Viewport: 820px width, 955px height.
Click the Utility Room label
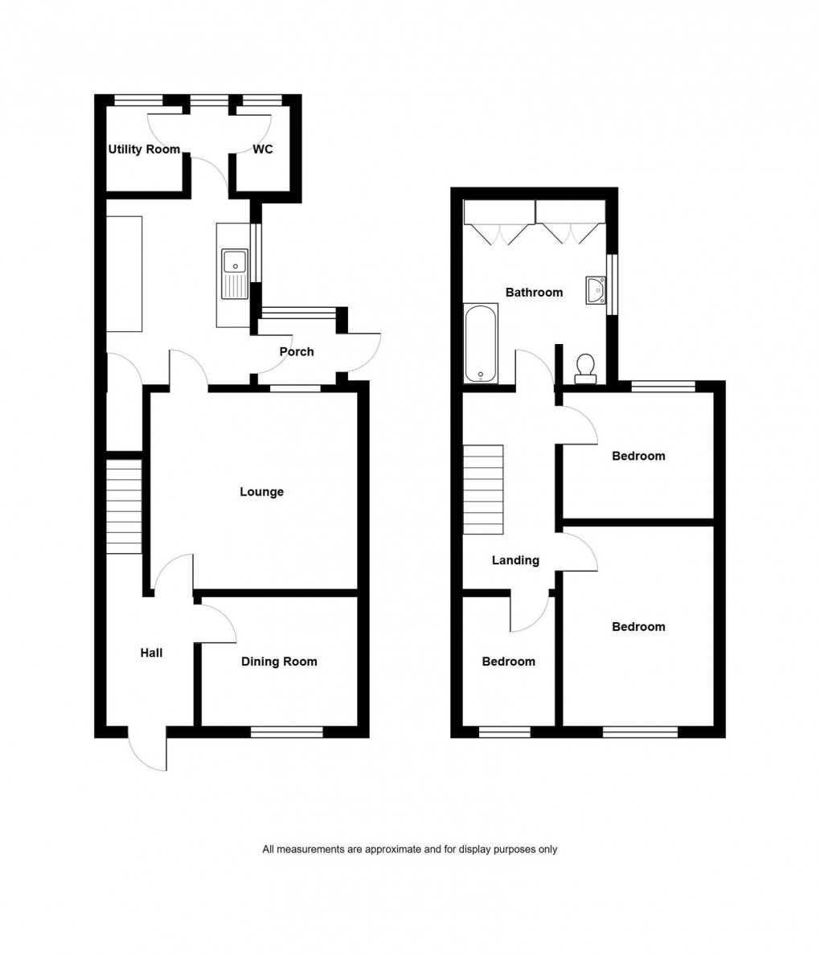[x=144, y=149]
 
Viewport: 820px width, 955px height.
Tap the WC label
[x=263, y=149]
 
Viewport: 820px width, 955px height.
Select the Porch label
[x=296, y=351]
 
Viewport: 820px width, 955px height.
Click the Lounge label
[x=261, y=491]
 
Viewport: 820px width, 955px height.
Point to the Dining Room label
[x=279, y=662]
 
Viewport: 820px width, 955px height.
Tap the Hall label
[x=151, y=653]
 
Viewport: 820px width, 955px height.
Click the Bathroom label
[x=534, y=292]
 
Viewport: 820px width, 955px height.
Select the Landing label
[x=515, y=560]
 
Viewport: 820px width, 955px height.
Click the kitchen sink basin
[x=234, y=260]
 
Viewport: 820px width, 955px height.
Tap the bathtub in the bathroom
[x=481, y=343]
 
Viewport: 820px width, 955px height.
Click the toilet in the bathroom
[x=585, y=367]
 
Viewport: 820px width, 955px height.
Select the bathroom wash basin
[x=596, y=290]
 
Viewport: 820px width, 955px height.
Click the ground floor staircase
[x=124, y=506]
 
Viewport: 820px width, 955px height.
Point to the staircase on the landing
[x=483, y=490]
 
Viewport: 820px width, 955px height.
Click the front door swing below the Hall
[x=148, y=752]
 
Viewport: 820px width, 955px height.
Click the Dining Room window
[x=286, y=732]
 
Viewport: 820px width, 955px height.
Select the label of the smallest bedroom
[x=508, y=662]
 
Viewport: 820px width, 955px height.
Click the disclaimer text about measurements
[x=409, y=849]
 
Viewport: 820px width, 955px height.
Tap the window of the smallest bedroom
[x=505, y=732]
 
